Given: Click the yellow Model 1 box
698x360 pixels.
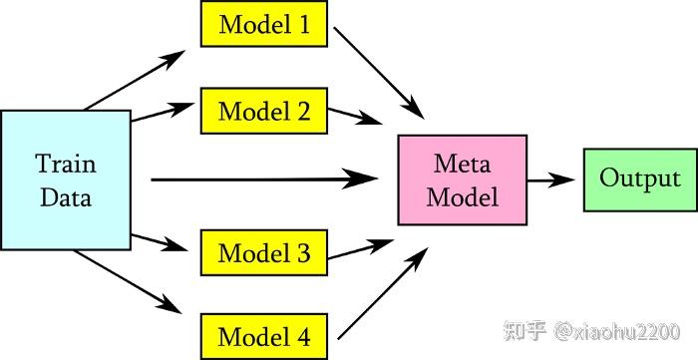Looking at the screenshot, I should pos(263,24).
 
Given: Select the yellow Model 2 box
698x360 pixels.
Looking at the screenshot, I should pos(263,111).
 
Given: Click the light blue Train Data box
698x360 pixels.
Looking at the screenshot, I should pos(66,180).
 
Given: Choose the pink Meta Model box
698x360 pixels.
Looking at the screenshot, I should pos(462,180).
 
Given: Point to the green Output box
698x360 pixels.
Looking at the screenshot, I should pos(640,180).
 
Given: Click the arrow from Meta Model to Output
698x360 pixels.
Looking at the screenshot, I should pos(550,180).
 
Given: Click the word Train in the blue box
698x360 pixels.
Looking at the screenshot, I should pos(66,163).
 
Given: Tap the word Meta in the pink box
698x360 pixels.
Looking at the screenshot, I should pos(462,163).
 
